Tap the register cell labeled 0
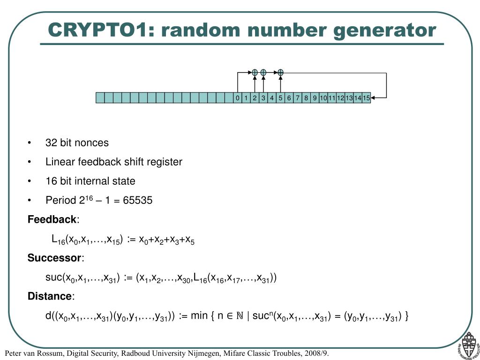(238, 97)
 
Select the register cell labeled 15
(366, 97)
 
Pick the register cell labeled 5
(280, 97)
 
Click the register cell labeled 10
(323, 97)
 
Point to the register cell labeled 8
(306, 97)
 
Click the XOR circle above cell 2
(255, 72)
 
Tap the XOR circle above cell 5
(280, 72)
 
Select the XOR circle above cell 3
(263, 72)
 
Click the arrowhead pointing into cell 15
(374, 97)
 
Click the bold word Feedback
(52, 219)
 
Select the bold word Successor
(54, 258)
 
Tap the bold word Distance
(50, 296)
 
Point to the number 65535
(137, 201)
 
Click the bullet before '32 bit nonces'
(30, 143)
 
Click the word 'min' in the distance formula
(199, 316)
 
